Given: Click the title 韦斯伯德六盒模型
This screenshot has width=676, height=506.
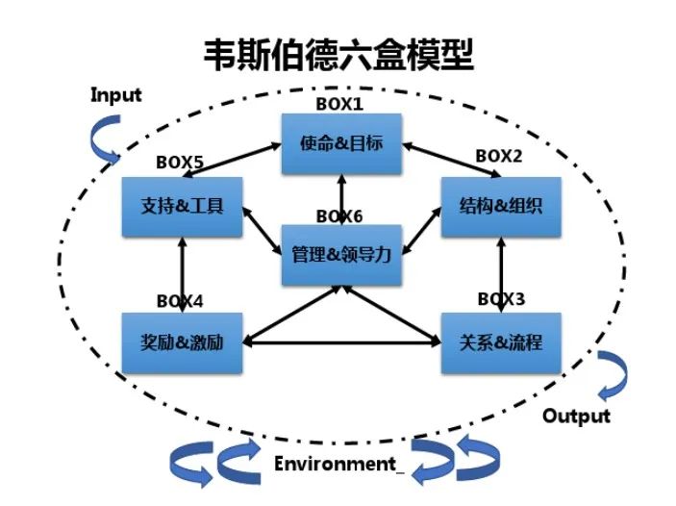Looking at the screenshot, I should [338, 55].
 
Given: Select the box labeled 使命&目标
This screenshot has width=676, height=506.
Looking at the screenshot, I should [340, 144].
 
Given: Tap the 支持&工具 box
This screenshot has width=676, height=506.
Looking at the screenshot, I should [180, 205].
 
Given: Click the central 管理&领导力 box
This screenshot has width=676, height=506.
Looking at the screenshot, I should [340, 255].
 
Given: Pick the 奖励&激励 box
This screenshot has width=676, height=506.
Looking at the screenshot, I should [180, 342].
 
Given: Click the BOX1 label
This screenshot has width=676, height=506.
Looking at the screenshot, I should [340, 103].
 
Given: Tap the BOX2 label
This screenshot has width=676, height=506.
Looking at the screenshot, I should [500, 155].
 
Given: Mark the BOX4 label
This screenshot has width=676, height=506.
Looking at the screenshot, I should [180, 300].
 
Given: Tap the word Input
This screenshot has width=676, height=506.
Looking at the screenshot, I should [115, 94].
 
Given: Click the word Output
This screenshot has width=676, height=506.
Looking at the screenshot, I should [576, 416].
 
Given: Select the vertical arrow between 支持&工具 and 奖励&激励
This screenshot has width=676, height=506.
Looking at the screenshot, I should [180, 273].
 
